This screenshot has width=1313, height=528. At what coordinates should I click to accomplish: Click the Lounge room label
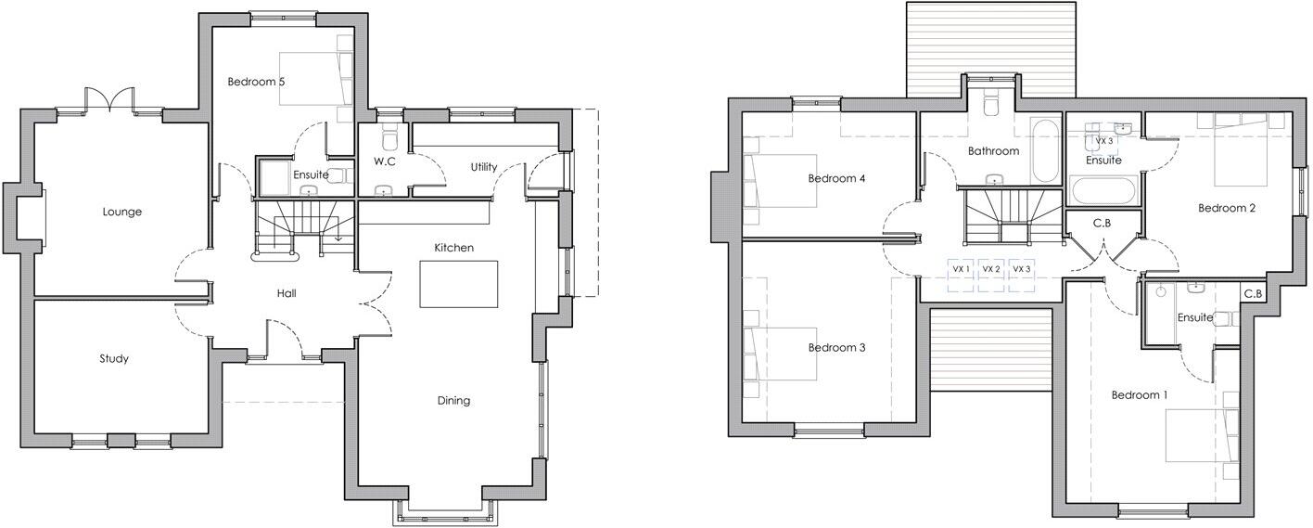pos(122,212)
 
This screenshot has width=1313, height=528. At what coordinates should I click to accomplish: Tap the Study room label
pos(114,358)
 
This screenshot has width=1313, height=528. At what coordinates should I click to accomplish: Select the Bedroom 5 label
pos(256,82)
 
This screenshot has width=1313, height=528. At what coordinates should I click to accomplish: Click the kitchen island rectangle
pos(458,284)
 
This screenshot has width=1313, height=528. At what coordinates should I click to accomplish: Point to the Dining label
pos(453,401)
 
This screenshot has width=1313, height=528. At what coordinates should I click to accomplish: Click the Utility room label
pos(483,167)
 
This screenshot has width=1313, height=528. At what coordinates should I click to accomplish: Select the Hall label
pos(287,293)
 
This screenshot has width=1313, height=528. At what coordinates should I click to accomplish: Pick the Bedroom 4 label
pos(836,178)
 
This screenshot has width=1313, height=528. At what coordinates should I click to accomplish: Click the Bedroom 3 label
pos(836,348)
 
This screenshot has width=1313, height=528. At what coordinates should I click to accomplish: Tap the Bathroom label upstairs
pos(993,150)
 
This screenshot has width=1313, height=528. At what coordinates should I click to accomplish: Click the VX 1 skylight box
pos(961,269)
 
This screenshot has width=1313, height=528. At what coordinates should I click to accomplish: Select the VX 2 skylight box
pos(991,269)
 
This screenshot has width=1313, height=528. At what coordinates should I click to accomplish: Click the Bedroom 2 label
pos(1227,208)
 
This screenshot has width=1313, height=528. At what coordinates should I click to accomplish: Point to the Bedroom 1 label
pos(1140,395)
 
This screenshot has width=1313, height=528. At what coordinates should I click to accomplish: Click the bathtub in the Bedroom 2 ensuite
pos(1101,191)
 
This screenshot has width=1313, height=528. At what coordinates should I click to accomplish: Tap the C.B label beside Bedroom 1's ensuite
pos(1253,293)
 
